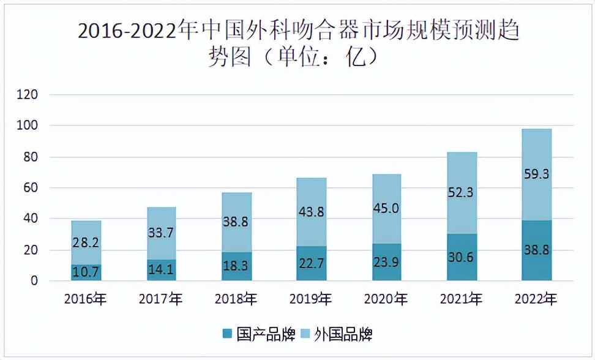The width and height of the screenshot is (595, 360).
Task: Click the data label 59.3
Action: coord(537,174)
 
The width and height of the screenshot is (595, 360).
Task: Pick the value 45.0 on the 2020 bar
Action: coord(386,209)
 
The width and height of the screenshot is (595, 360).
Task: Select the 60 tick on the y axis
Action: coord(31,188)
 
